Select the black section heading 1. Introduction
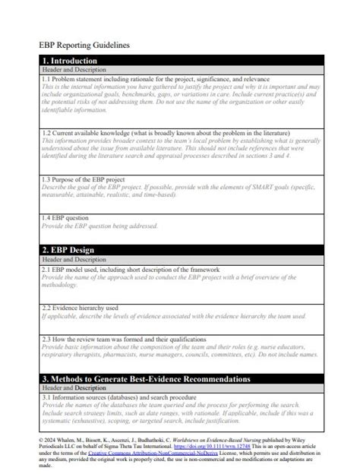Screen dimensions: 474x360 click(70, 61)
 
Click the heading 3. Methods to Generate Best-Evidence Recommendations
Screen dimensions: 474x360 click(145, 378)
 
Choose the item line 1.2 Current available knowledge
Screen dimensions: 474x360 click(166, 132)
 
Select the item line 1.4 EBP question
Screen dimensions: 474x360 click(69, 217)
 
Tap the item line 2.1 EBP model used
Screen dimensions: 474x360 click(131, 269)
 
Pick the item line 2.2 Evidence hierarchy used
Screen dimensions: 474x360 click(80, 308)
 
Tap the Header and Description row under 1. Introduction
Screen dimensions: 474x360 click(74, 70)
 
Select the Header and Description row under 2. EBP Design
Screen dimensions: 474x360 click(74, 259)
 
